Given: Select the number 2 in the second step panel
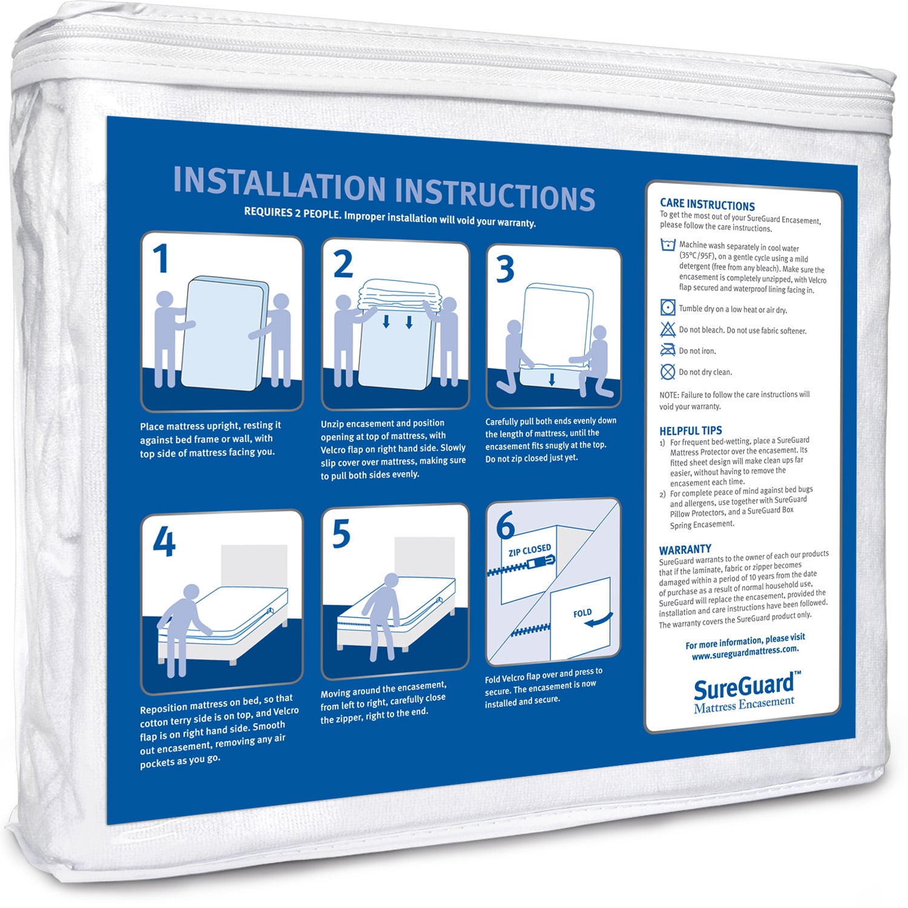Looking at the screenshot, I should [343, 265].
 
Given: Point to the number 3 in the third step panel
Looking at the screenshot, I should [505, 269].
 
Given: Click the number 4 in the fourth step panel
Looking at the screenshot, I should [164, 541].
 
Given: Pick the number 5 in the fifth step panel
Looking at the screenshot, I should [341, 534].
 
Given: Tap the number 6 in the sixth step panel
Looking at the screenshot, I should [505, 525].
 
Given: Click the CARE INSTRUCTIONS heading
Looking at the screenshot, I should [707, 205].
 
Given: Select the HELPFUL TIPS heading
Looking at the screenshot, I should [691, 430].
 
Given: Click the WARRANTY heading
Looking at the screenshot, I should [685, 550].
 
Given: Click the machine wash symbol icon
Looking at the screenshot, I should [668, 245].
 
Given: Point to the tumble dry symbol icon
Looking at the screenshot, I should [668, 308].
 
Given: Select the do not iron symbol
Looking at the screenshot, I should [668, 349].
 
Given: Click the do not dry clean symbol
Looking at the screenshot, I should [668, 371].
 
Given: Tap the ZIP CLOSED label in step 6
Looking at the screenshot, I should [530, 550].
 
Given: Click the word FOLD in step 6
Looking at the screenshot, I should [582, 613].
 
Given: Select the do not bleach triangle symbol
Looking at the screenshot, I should [668, 329].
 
